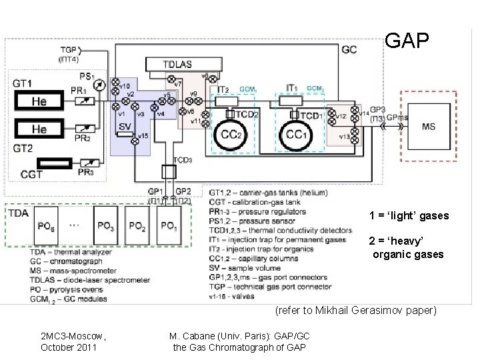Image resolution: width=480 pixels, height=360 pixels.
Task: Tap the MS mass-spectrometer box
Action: point(428,127)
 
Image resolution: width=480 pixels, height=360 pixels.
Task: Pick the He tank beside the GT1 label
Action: point(41,101)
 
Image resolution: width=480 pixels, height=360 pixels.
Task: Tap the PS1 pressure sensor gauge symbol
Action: point(99,85)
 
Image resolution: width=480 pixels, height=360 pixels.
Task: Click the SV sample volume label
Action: point(125,125)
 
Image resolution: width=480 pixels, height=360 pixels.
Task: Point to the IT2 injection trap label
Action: point(224,89)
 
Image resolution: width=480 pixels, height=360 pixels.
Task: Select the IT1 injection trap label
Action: point(291,88)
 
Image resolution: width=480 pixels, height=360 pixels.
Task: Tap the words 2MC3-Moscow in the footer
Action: point(68,337)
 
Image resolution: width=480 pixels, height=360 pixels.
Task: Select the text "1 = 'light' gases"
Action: point(409,216)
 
